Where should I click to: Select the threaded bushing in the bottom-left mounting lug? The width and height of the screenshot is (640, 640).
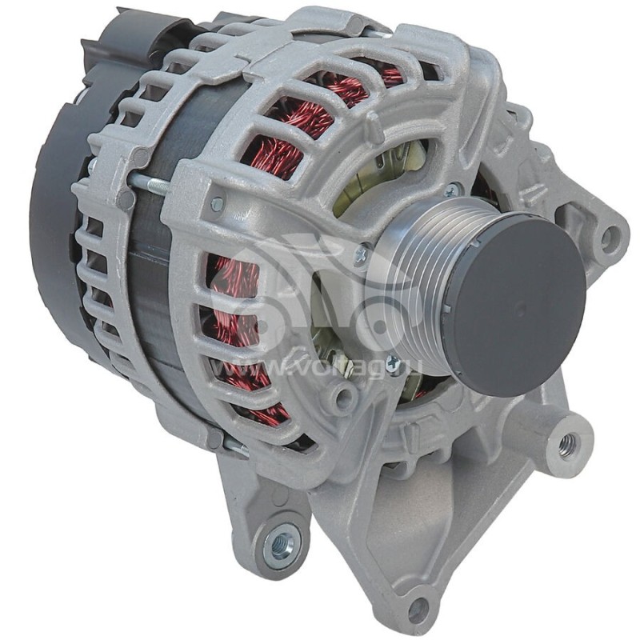click(281, 544)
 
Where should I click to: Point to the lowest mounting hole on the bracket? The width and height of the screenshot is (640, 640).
click(418, 610)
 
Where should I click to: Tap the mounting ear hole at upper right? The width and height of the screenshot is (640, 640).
click(610, 236)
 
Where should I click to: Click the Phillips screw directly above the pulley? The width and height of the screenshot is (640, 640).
click(454, 190)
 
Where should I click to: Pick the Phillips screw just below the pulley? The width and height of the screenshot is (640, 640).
click(392, 365)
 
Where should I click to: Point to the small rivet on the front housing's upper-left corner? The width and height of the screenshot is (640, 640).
click(217, 205)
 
